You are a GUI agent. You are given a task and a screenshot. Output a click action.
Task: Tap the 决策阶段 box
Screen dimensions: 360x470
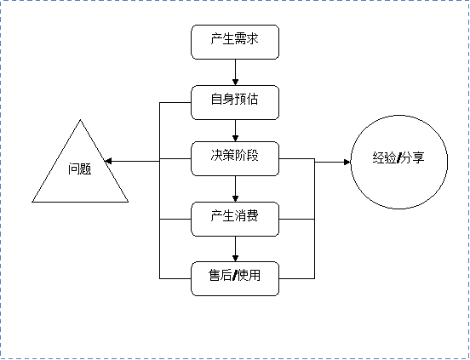coord(235,159)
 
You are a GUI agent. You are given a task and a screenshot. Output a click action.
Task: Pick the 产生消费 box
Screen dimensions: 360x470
coord(235,219)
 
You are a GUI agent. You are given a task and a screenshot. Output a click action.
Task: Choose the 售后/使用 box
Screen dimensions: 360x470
coord(235,277)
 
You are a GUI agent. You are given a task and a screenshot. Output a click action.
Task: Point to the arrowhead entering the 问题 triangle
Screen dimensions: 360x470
coord(116,160)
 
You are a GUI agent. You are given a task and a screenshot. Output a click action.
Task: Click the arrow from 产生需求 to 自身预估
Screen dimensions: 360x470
coord(235,72)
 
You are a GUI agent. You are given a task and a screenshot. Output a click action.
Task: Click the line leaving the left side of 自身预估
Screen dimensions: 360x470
coord(175,102)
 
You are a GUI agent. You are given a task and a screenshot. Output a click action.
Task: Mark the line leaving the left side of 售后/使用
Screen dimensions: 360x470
coord(175,277)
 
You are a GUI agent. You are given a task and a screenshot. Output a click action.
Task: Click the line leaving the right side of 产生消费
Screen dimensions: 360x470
coord(297,219)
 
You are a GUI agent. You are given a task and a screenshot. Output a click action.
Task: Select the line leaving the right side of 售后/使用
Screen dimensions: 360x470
coord(297,277)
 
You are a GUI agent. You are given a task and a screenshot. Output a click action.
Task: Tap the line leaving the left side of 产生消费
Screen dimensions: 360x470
coord(175,219)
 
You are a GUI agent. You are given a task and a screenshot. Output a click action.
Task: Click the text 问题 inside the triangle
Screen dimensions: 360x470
coord(80,169)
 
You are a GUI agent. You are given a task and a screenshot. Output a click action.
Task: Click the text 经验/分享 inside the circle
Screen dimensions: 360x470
coord(398,158)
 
